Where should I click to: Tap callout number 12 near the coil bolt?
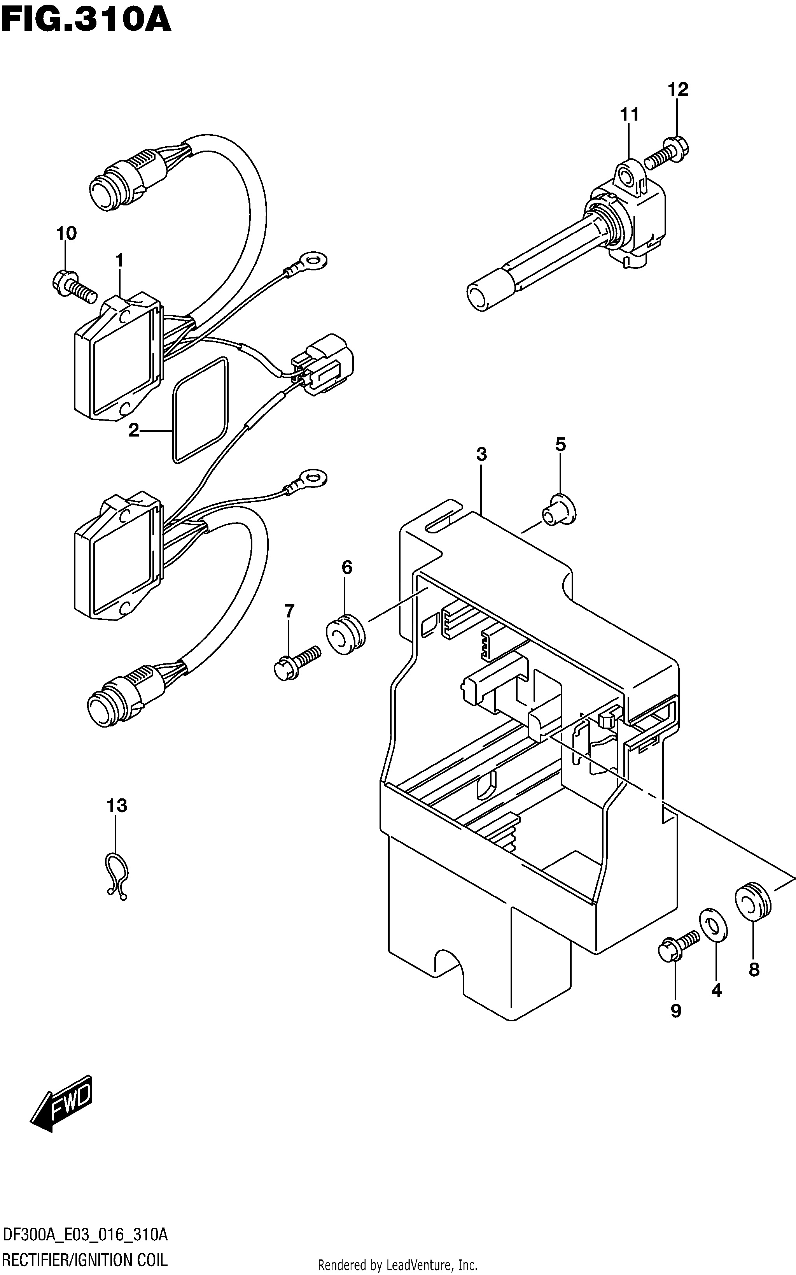(x=678, y=89)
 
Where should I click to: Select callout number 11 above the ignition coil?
(x=630, y=114)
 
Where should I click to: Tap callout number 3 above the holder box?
(x=482, y=454)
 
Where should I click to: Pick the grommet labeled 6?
(x=345, y=634)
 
